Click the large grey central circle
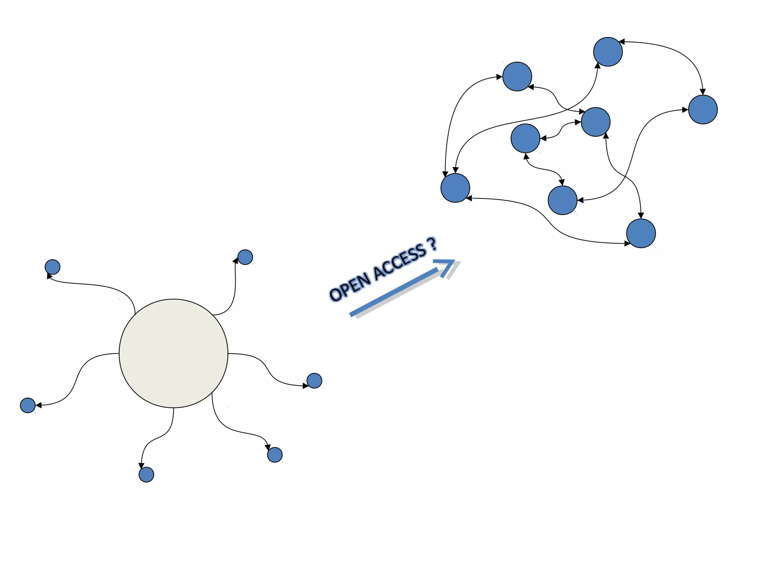173,353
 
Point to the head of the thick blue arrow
448,265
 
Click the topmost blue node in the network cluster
608,52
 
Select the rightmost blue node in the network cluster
703,109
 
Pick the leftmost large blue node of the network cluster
455,188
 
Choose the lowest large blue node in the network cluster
641,233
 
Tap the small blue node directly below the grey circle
146,475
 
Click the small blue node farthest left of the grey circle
28,405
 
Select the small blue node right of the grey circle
314,381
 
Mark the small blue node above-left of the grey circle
53,267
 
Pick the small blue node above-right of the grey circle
245,257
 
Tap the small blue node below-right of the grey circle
275,455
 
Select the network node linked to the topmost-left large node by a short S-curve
595,122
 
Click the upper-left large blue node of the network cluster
517,76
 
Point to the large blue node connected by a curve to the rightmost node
563,200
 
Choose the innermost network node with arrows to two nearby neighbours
525,138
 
